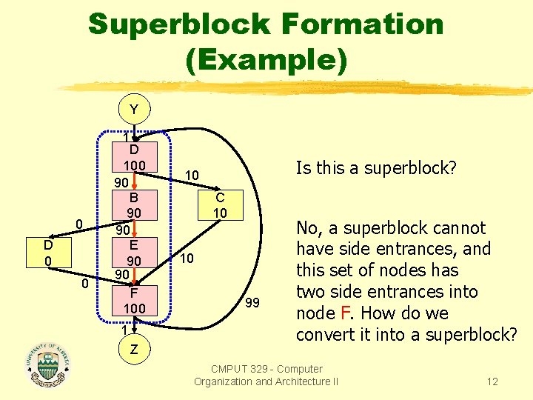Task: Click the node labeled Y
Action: [x=133, y=110]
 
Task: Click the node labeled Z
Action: [x=133, y=349]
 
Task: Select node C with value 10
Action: [x=220, y=205]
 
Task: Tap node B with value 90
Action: [x=133, y=205]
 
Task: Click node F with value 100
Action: [x=133, y=300]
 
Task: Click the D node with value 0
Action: [x=47, y=253]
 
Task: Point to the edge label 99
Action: [x=252, y=302]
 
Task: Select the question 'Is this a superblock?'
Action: [x=376, y=168]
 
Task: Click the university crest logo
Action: [x=47, y=362]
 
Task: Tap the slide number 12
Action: [x=492, y=381]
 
